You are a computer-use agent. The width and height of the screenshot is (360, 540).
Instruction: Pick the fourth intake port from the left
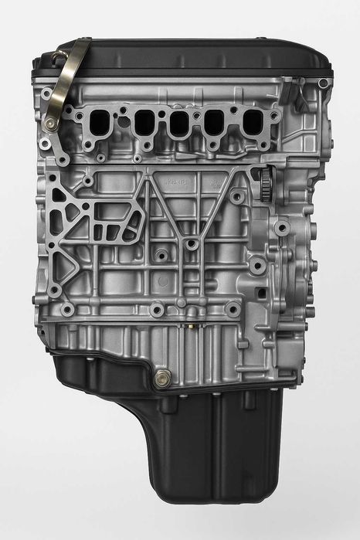point(215,122)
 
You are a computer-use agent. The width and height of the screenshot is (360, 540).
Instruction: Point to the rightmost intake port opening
point(251,121)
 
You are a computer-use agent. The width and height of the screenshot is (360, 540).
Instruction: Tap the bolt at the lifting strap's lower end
point(52,123)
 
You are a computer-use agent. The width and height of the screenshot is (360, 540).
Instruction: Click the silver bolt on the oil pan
point(164,379)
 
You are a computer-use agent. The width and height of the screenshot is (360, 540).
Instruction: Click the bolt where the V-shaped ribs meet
point(190,245)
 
